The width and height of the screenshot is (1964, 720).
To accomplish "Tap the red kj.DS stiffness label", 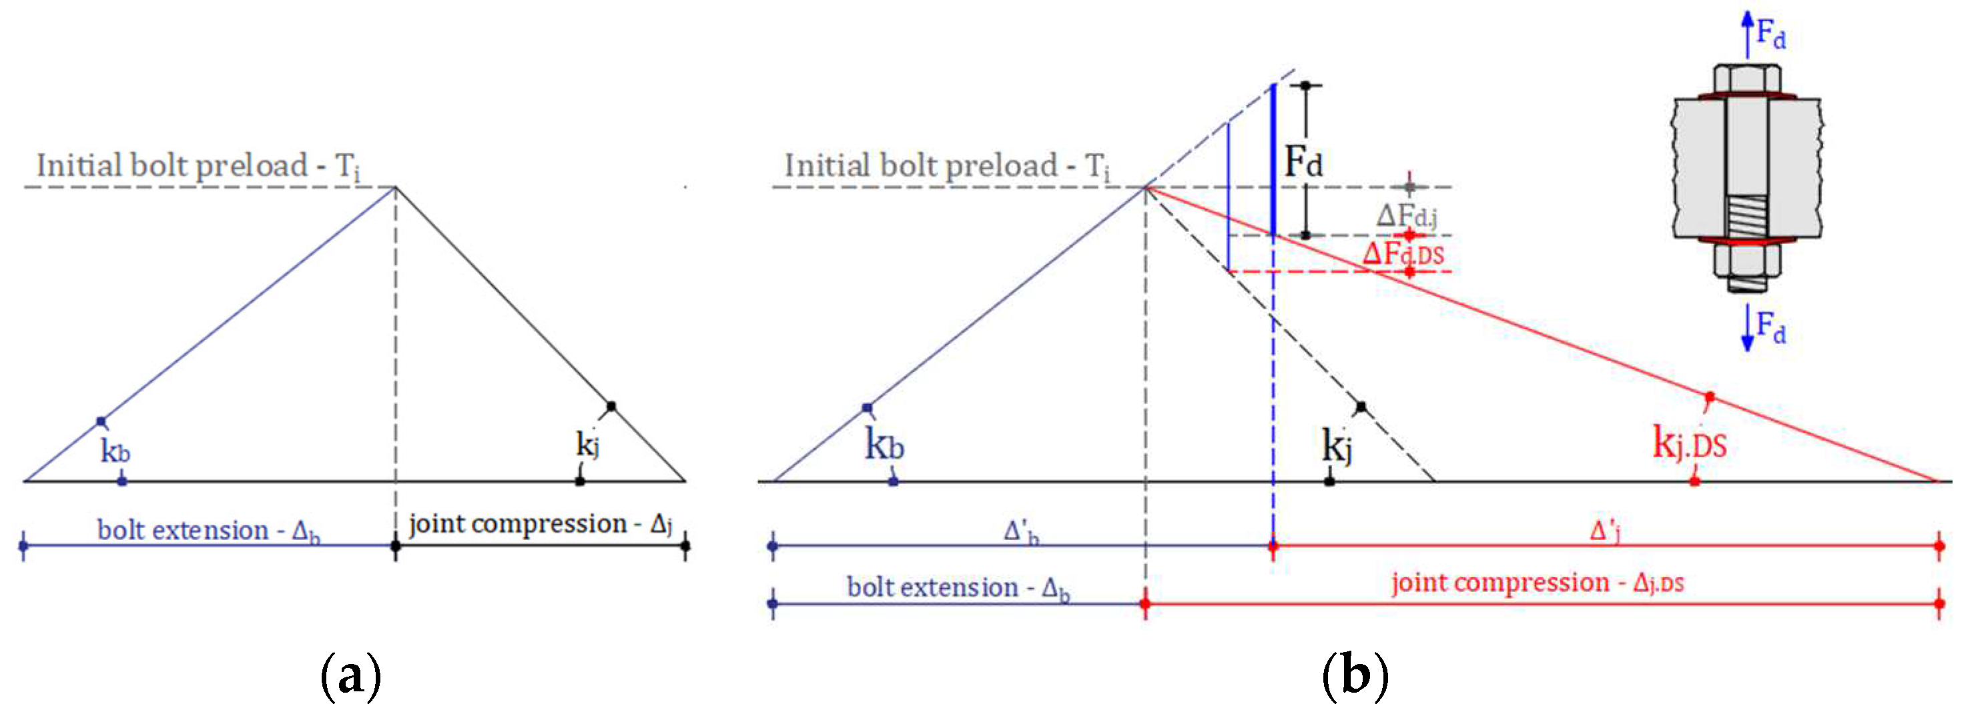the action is tap(1689, 443).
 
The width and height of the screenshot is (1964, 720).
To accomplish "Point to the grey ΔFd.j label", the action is tap(1407, 215).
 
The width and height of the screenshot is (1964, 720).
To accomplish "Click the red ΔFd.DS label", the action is tap(1403, 254).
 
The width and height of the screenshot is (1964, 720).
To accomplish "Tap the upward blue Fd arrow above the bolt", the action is tap(1748, 34).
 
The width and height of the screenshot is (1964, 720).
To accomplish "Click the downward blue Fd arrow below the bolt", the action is tap(1748, 327).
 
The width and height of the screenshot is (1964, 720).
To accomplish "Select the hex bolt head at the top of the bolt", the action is tap(1748, 79).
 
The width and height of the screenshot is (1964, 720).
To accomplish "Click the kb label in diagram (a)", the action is tap(115, 451).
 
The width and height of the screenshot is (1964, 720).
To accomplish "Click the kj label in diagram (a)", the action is tap(587, 443).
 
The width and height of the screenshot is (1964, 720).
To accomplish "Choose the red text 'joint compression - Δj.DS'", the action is tap(1537, 583).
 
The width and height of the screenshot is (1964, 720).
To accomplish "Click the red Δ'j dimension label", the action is tap(1604, 530).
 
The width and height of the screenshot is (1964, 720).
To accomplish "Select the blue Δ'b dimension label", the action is tap(1021, 531).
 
